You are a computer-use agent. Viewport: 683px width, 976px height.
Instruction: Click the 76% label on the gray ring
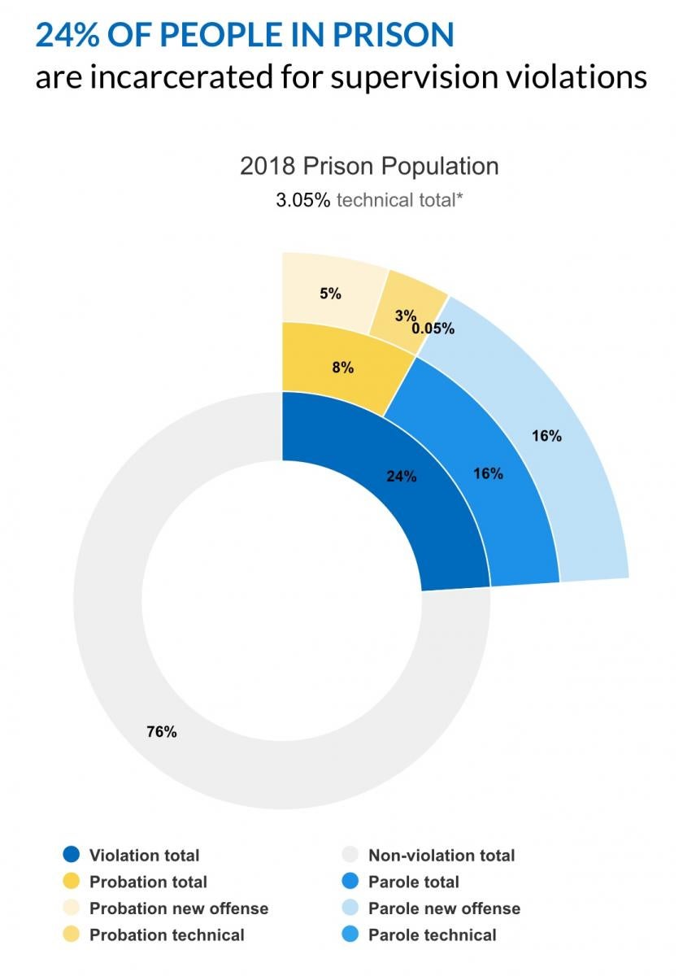coord(161,732)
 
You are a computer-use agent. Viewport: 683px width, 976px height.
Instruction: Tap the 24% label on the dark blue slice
coord(401,477)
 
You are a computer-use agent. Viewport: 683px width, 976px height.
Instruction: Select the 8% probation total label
coord(343,368)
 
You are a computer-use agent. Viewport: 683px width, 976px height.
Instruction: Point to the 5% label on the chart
coord(330,294)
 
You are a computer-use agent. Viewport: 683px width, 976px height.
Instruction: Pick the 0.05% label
coord(433,329)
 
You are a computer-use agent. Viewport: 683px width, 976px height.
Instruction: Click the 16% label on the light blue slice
coord(546,436)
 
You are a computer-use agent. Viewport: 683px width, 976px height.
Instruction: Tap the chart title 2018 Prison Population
coord(369,167)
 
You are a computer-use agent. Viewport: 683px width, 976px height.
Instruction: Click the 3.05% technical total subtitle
coord(369,200)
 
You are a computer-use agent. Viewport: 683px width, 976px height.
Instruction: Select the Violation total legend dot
coord(72,856)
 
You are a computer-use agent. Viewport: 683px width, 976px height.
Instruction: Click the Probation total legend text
coord(148,882)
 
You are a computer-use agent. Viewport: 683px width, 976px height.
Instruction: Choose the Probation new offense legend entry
coord(178,908)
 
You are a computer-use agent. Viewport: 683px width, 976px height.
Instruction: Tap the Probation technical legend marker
coord(72,935)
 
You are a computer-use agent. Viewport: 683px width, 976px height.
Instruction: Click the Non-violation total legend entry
coord(441,856)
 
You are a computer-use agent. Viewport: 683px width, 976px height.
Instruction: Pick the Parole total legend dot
coord(350,882)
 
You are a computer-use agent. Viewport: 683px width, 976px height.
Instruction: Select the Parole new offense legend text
coord(444,908)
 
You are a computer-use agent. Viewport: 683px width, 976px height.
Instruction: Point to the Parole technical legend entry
coord(432,935)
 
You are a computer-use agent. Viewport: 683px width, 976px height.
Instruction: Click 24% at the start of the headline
coord(66,34)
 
